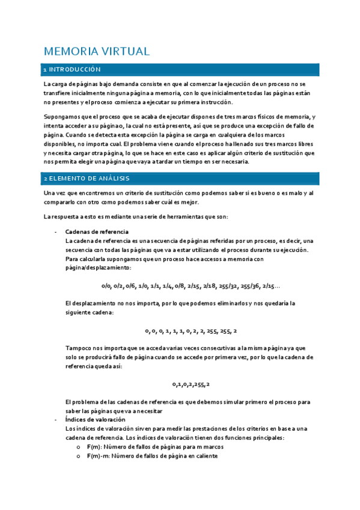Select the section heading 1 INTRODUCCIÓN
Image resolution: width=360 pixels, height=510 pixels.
(72, 70)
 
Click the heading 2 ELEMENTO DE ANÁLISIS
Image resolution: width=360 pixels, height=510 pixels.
(86, 179)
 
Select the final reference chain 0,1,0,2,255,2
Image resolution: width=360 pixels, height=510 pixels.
(191, 384)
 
